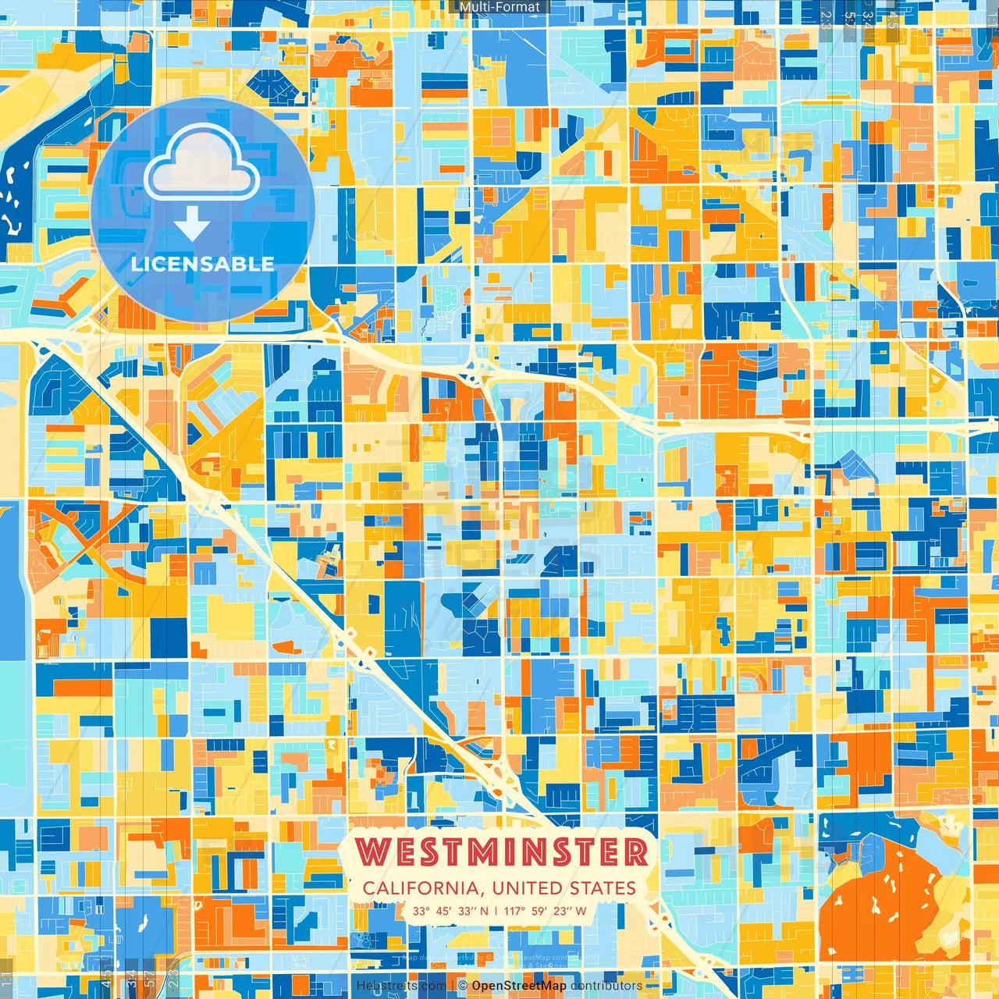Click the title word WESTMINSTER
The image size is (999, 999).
[x=502, y=851]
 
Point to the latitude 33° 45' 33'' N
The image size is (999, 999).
[x=450, y=911]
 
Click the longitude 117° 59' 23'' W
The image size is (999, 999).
[x=545, y=911]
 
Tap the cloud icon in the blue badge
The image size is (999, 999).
[x=201, y=164]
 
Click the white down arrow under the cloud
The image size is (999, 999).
[x=192, y=223]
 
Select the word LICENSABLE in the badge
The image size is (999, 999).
[x=203, y=264]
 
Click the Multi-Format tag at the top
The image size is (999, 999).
[x=499, y=7]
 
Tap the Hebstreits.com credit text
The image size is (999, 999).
[x=401, y=986]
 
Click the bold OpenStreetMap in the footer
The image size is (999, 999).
[x=519, y=986]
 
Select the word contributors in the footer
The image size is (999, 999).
[x=606, y=986]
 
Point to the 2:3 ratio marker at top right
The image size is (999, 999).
[x=826, y=20]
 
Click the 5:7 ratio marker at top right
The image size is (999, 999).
[x=848, y=20]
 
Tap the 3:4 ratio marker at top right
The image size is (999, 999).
[x=868, y=20]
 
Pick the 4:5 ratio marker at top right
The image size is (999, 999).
[x=892, y=20]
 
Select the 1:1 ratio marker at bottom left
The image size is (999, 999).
[x=7, y=979]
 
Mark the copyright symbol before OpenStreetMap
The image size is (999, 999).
[x=462, y=986]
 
